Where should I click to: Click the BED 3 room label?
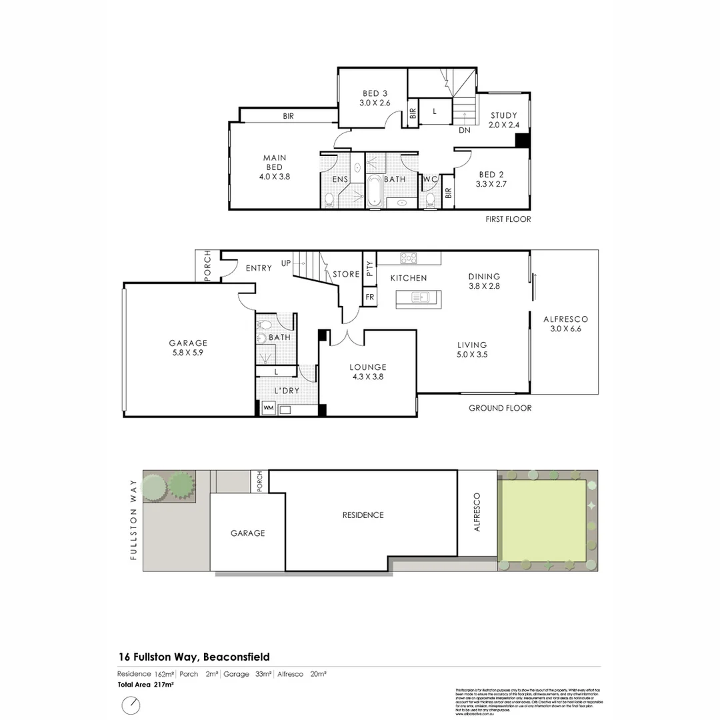(x=375, y=98)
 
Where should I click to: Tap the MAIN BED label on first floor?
(x=275, y=167)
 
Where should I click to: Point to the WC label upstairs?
(x=430, y=179)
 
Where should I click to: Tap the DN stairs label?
(x=465, y=131)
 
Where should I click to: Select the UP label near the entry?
(x=286, y=263)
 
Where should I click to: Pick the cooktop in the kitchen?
(x=408, y=257)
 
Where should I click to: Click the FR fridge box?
(x=369, y=296)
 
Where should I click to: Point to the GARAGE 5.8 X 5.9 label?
(x=188, y=348)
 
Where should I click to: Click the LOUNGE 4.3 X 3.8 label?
(x=368, y=371)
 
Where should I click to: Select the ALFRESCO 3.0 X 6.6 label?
(x=565, y=323)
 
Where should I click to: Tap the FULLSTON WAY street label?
(x=134, y=519)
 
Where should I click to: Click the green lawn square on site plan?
(x=543, y=520)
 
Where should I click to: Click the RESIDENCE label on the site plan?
(x=363, y=515)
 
